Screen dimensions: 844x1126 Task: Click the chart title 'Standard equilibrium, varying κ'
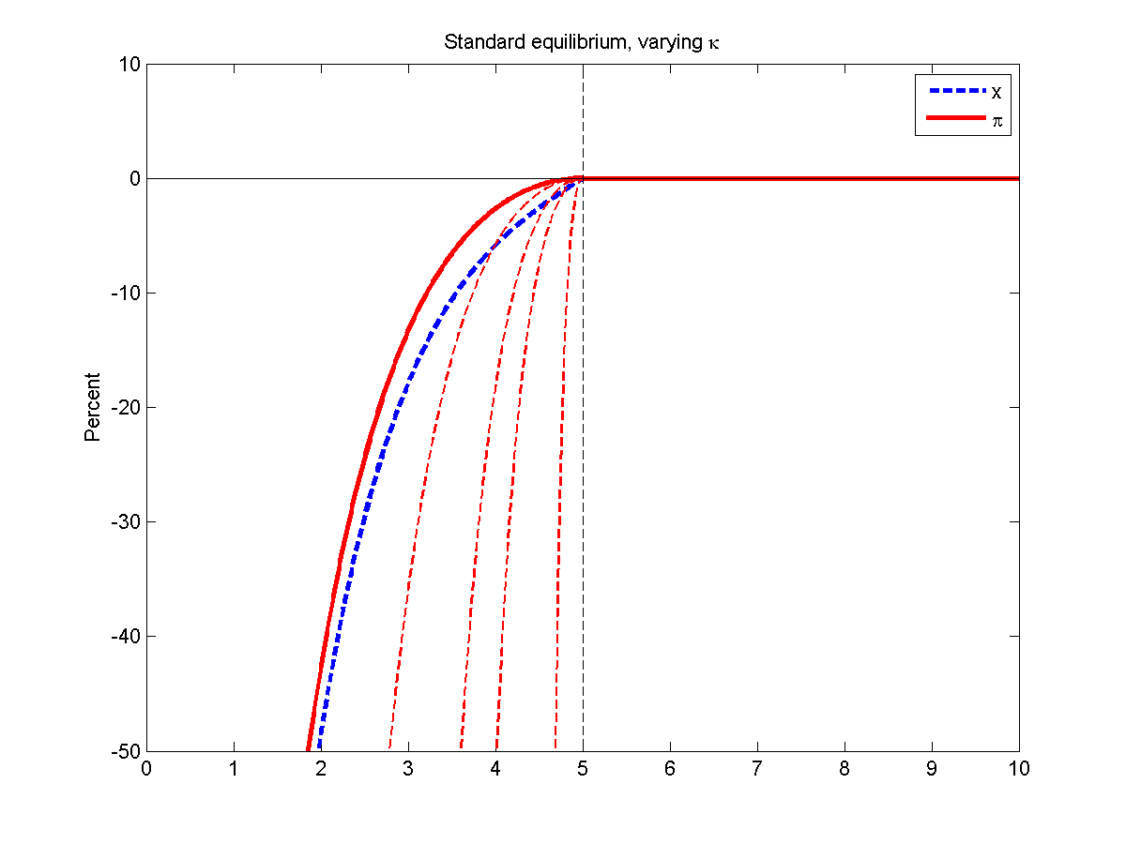coord(582,43)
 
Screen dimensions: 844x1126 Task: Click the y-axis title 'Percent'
coord(93,407)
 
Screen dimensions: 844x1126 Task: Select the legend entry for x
coord(995,92)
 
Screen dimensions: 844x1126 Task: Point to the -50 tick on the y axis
coord(126,751)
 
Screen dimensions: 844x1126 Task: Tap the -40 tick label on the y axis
coord(126,637)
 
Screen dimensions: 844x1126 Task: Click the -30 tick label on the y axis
coord(126,522)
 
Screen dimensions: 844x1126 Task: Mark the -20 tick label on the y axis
coord(126,408)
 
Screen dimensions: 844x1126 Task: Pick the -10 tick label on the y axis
coord(126,294)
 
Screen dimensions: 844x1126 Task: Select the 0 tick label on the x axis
coord(146,769)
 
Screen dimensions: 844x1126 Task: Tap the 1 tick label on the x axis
coord(234,769)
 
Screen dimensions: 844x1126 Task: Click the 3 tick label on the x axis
coord(408,769)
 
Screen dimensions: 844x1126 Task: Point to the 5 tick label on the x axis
coord(583,769)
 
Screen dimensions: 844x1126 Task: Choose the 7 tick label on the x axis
coord(757,769)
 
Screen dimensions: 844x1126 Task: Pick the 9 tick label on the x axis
coord(932,769)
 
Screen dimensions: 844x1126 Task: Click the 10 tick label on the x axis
coord(1019,769)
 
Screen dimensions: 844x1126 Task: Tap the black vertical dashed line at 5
coord(583,469)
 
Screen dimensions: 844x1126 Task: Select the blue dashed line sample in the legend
coord(952,92)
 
